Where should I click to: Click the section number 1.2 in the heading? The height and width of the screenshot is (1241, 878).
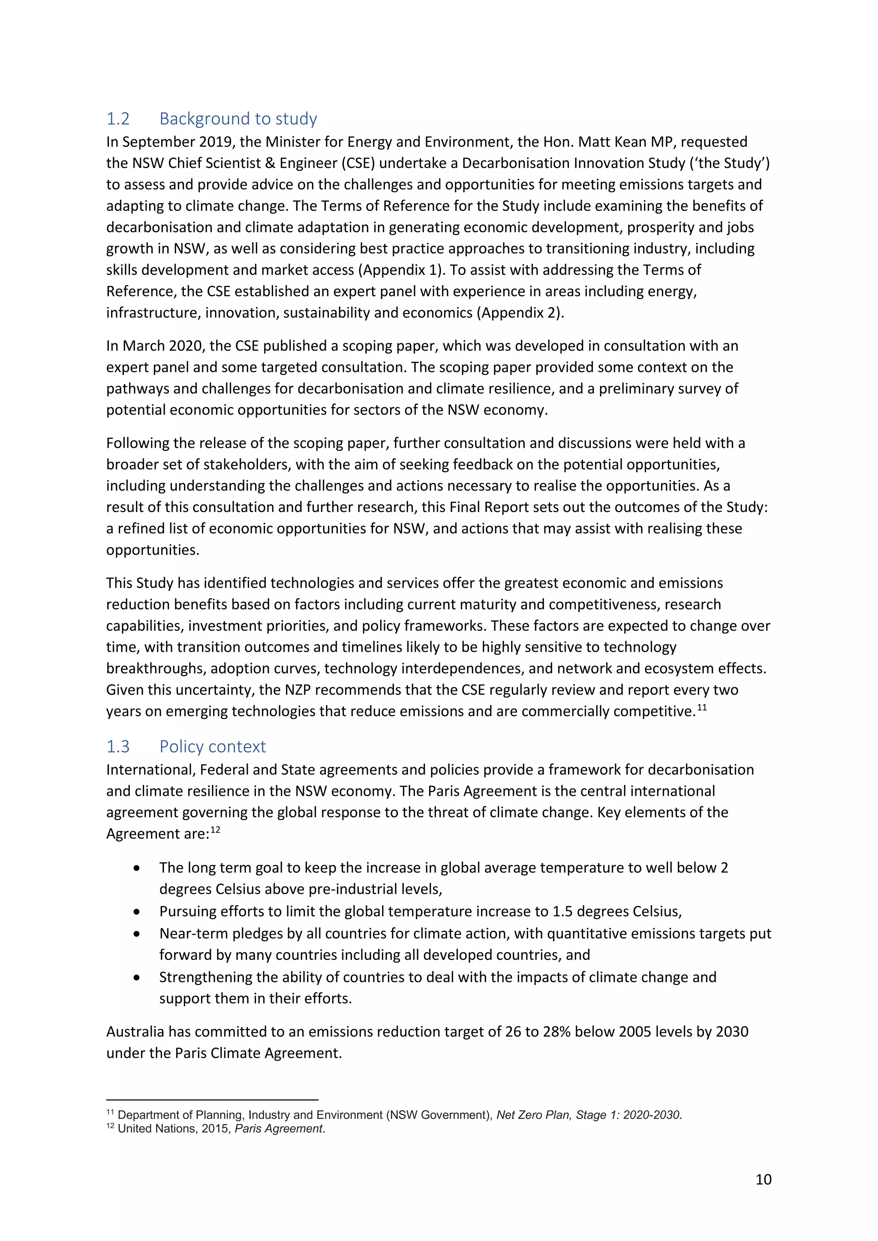(x=118, y=118)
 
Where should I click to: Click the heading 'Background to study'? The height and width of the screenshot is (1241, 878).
(x=238, y=118)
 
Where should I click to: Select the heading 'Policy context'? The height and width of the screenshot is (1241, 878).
(x=213, y=746)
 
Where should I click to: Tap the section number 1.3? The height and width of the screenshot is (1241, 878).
(x=118, y=746)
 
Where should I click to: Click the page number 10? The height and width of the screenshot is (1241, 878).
(x=763, y=1179)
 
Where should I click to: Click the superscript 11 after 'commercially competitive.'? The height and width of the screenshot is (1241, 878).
(x=702, y=707)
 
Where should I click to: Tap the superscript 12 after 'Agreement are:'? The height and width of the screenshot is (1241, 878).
(x=215, y=830)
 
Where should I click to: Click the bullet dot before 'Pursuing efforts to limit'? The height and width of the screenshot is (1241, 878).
(x=137, y=912)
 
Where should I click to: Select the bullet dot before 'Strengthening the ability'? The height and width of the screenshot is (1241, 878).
(x=137, y=977)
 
